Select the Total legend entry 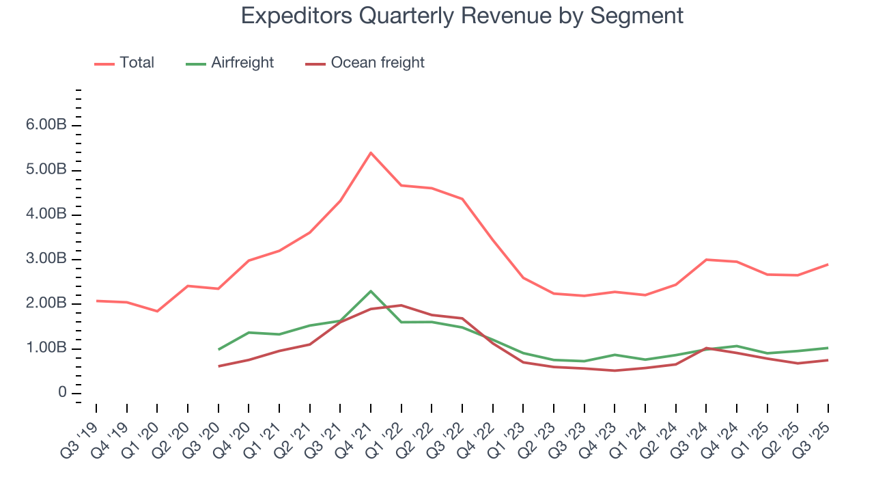coord(137,63)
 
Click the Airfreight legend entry coord(242,63)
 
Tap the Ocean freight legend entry coord(377,63)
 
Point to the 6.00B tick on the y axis coord(46,126)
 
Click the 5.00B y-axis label coord(46,170)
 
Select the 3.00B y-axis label coord(46,260)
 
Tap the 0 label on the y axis coord(62,393)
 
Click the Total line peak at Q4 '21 coord(370,152)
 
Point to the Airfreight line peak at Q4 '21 coord(370,291)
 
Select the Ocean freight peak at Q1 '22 coord(401,305)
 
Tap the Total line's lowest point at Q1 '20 coord(157,311)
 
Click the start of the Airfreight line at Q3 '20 coord(218,349)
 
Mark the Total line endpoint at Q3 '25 coord(828,264)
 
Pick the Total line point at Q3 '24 coord(706,260)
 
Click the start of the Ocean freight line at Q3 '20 coord(218,366)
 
